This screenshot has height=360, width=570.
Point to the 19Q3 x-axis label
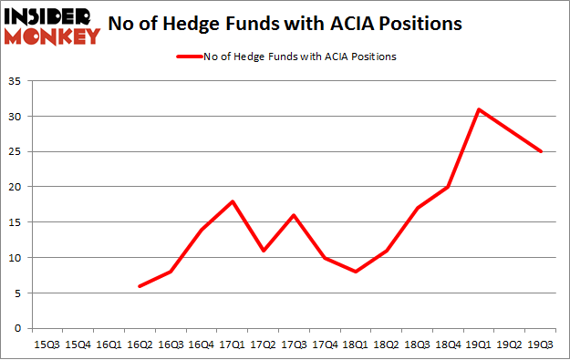(x=540, y=344)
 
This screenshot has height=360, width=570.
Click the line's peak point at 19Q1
(x=480, y=109)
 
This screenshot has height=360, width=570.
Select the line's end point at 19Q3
(x=540, y=151)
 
